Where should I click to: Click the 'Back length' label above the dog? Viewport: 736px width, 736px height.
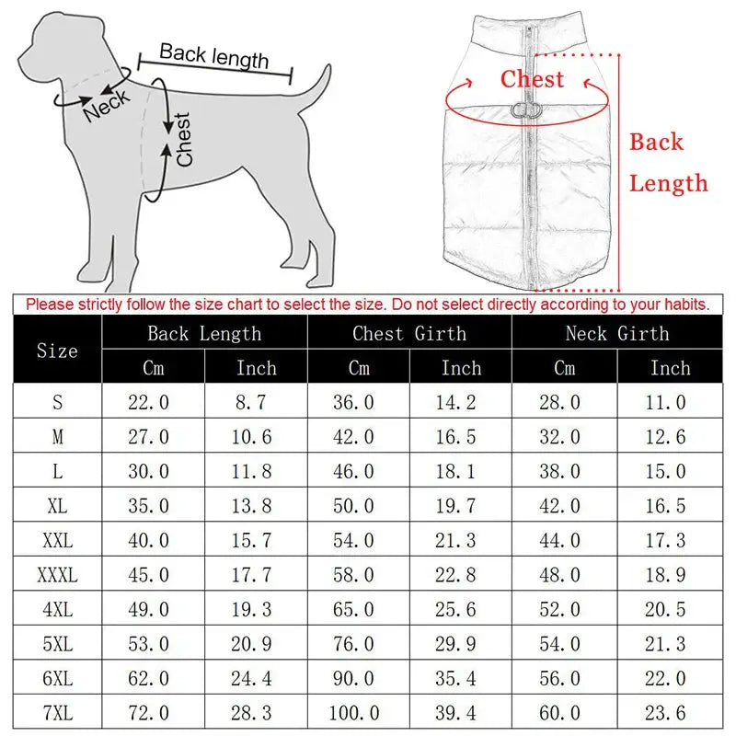coord(213,57)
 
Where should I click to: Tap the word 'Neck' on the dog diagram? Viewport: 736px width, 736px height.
coord(106,106)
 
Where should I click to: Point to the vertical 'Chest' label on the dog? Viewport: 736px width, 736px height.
coord(183,139)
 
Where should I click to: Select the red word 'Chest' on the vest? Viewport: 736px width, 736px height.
coord(532,79)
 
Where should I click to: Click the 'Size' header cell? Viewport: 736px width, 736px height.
coord(57,351)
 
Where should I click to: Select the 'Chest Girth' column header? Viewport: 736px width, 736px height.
coord(409,333)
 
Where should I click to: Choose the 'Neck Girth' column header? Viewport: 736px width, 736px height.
coord(617,333)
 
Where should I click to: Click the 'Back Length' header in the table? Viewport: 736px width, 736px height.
coord(204,333)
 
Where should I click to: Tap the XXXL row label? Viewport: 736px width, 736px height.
coord(57,576)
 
